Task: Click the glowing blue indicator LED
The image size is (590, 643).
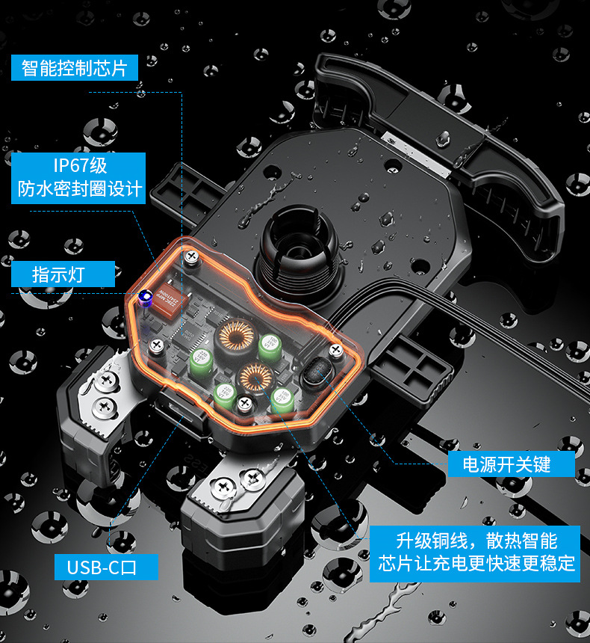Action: (x=146, y=297)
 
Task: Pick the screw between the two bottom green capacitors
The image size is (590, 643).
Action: (x=244, y=404)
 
